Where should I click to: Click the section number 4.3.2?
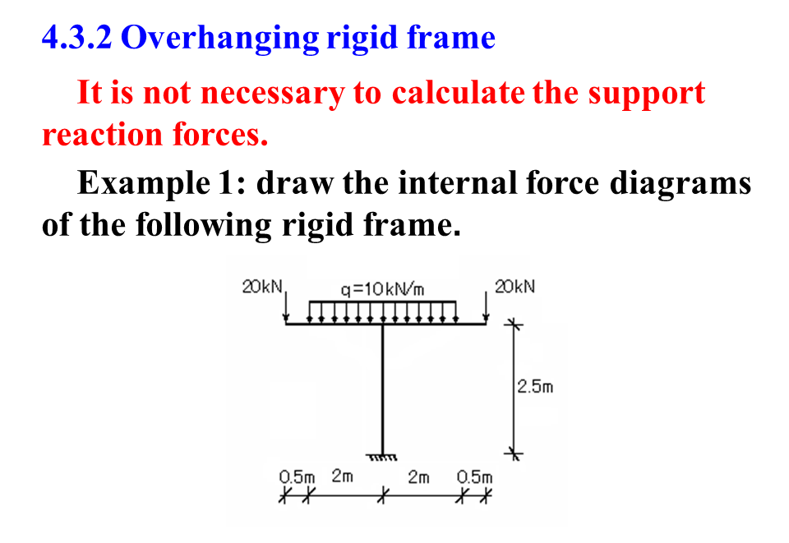[x=76, y=37]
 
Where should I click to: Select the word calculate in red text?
[x=457, y=93]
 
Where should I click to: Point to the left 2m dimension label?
[x=343, y=476]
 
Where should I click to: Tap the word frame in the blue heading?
[x=457, y=38]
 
